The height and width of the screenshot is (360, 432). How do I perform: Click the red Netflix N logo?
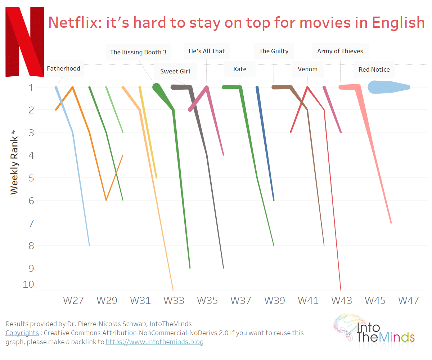[24, 42]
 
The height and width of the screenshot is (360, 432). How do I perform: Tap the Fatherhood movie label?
[64, 68]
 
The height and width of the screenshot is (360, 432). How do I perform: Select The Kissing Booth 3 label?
[138, 52]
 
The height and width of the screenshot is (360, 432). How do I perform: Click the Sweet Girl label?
[175, 71]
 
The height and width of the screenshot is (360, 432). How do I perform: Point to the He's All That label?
[207, 51]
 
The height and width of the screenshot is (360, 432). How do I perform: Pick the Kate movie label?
[240, 69]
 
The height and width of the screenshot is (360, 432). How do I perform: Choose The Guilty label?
[274, 51]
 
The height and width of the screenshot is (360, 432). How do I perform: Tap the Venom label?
[308, 69]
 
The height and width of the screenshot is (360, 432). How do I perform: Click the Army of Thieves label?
[340, 51]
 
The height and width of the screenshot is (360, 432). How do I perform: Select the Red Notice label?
[374, 69]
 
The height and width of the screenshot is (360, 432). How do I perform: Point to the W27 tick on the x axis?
[73, 300]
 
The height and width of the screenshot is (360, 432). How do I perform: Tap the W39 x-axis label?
[274, 300]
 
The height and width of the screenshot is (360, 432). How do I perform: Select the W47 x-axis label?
[408, 300]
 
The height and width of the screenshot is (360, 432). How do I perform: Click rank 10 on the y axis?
[28, 284]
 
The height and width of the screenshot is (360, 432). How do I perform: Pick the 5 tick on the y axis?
[31, 178]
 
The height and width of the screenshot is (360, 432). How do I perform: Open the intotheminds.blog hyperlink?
[154, 342]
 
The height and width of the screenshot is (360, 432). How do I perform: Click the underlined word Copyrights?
[22, 333]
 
